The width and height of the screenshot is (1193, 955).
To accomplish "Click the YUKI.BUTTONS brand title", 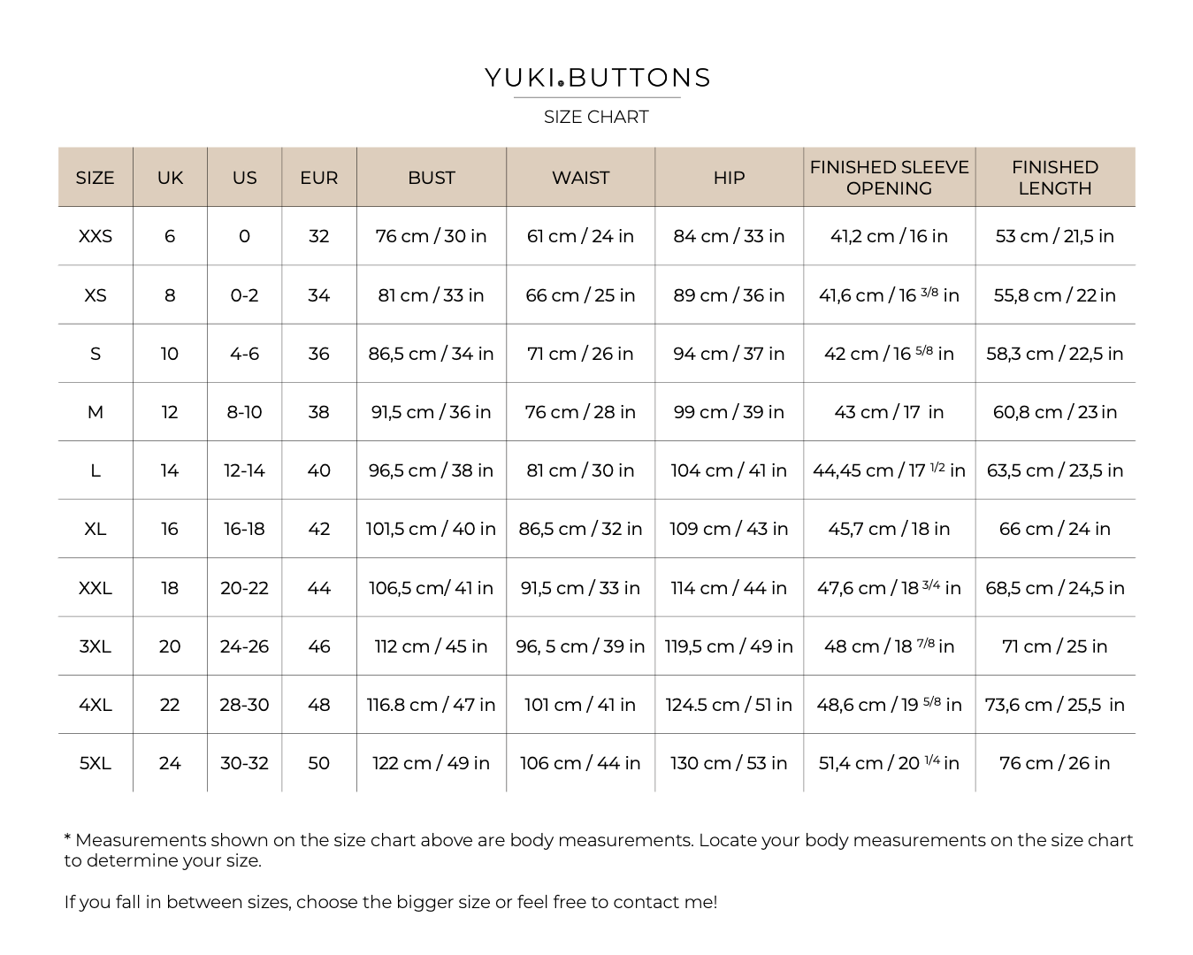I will pyautogui.click(x=597, y=78).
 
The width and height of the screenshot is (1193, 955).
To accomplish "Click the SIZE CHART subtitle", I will pyautogui.click(x=596, y=117).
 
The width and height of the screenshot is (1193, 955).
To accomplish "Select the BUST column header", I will pyautogui.click(x=431, y=178).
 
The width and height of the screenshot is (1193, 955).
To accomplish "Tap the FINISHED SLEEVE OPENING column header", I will pyautogui.click(x=889, y=178).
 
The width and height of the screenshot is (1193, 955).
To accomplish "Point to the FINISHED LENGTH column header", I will pyautogui.click(x=1054, y=178).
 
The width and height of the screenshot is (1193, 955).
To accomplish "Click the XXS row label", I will pyautogui.click(x=96, y=236).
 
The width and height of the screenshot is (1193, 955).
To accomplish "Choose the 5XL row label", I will pyautogui.click(x=96, y=763).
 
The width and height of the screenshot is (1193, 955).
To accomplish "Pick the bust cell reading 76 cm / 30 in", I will pyautogui.click(x=431, y=236).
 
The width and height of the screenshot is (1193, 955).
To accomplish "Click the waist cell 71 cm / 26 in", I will pyautogui.click(x=580, y=354).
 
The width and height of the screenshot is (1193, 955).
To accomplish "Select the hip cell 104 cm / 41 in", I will pyautogui.click(x=729, y=470).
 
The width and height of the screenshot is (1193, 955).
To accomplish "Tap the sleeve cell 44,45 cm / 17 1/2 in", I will pyautogui.click(x=889, y=470).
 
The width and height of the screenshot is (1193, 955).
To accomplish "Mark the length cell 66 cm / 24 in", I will pyautogui.click(x=1054, y=529).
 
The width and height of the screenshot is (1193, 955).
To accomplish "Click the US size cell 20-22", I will pyautogui.click(x=244, y=588).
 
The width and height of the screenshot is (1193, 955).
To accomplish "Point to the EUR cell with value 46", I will pyautogui.click(x=318, y=646).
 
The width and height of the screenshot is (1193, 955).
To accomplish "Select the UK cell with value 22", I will pyautogui.click(x=170, y=705).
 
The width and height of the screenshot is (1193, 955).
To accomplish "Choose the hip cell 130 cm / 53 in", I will pyautogui.click(x=729, y=763).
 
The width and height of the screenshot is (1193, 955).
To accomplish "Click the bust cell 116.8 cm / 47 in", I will pyautogui.click(x=431, y=705).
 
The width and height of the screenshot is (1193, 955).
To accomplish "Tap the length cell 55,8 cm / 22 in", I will pyautogui.click(x=1054, y=295).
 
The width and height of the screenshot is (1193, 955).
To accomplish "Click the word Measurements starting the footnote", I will pyautogui.click(x=140, y=840).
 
